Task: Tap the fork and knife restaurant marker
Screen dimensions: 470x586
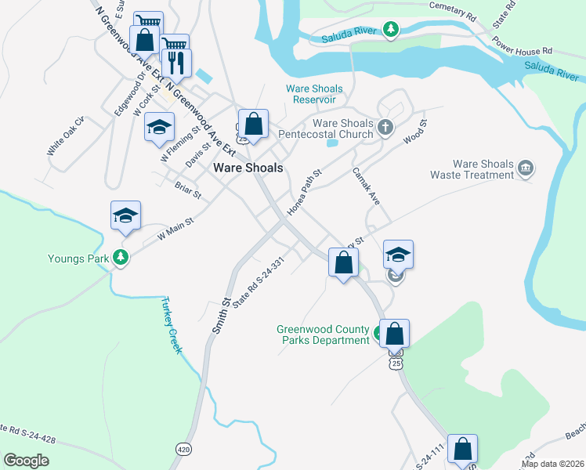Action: coord(176,63)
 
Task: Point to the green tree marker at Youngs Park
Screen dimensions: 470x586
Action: coord(120,257)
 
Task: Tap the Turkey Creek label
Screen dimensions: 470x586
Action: coord(171,325)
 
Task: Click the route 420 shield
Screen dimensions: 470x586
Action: coord(183,449)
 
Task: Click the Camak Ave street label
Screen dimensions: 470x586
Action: coord(365,186)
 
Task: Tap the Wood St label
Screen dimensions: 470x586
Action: coord(414,132)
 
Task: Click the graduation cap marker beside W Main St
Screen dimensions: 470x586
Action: coord(125,215)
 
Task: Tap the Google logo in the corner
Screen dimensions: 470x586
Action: coord(26,460)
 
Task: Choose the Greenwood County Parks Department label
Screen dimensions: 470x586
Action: coord(323,334)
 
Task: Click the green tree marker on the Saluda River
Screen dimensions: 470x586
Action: coord(390,30)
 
